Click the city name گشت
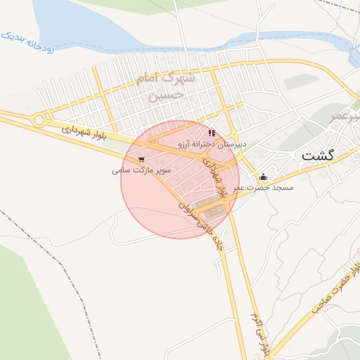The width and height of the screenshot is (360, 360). click(318, 155)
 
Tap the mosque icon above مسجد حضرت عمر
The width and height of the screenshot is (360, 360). click(264, 176)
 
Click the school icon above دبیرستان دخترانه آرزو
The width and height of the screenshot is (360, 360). click(212, 133)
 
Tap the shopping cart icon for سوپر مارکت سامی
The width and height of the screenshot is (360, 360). click(142, 160)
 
